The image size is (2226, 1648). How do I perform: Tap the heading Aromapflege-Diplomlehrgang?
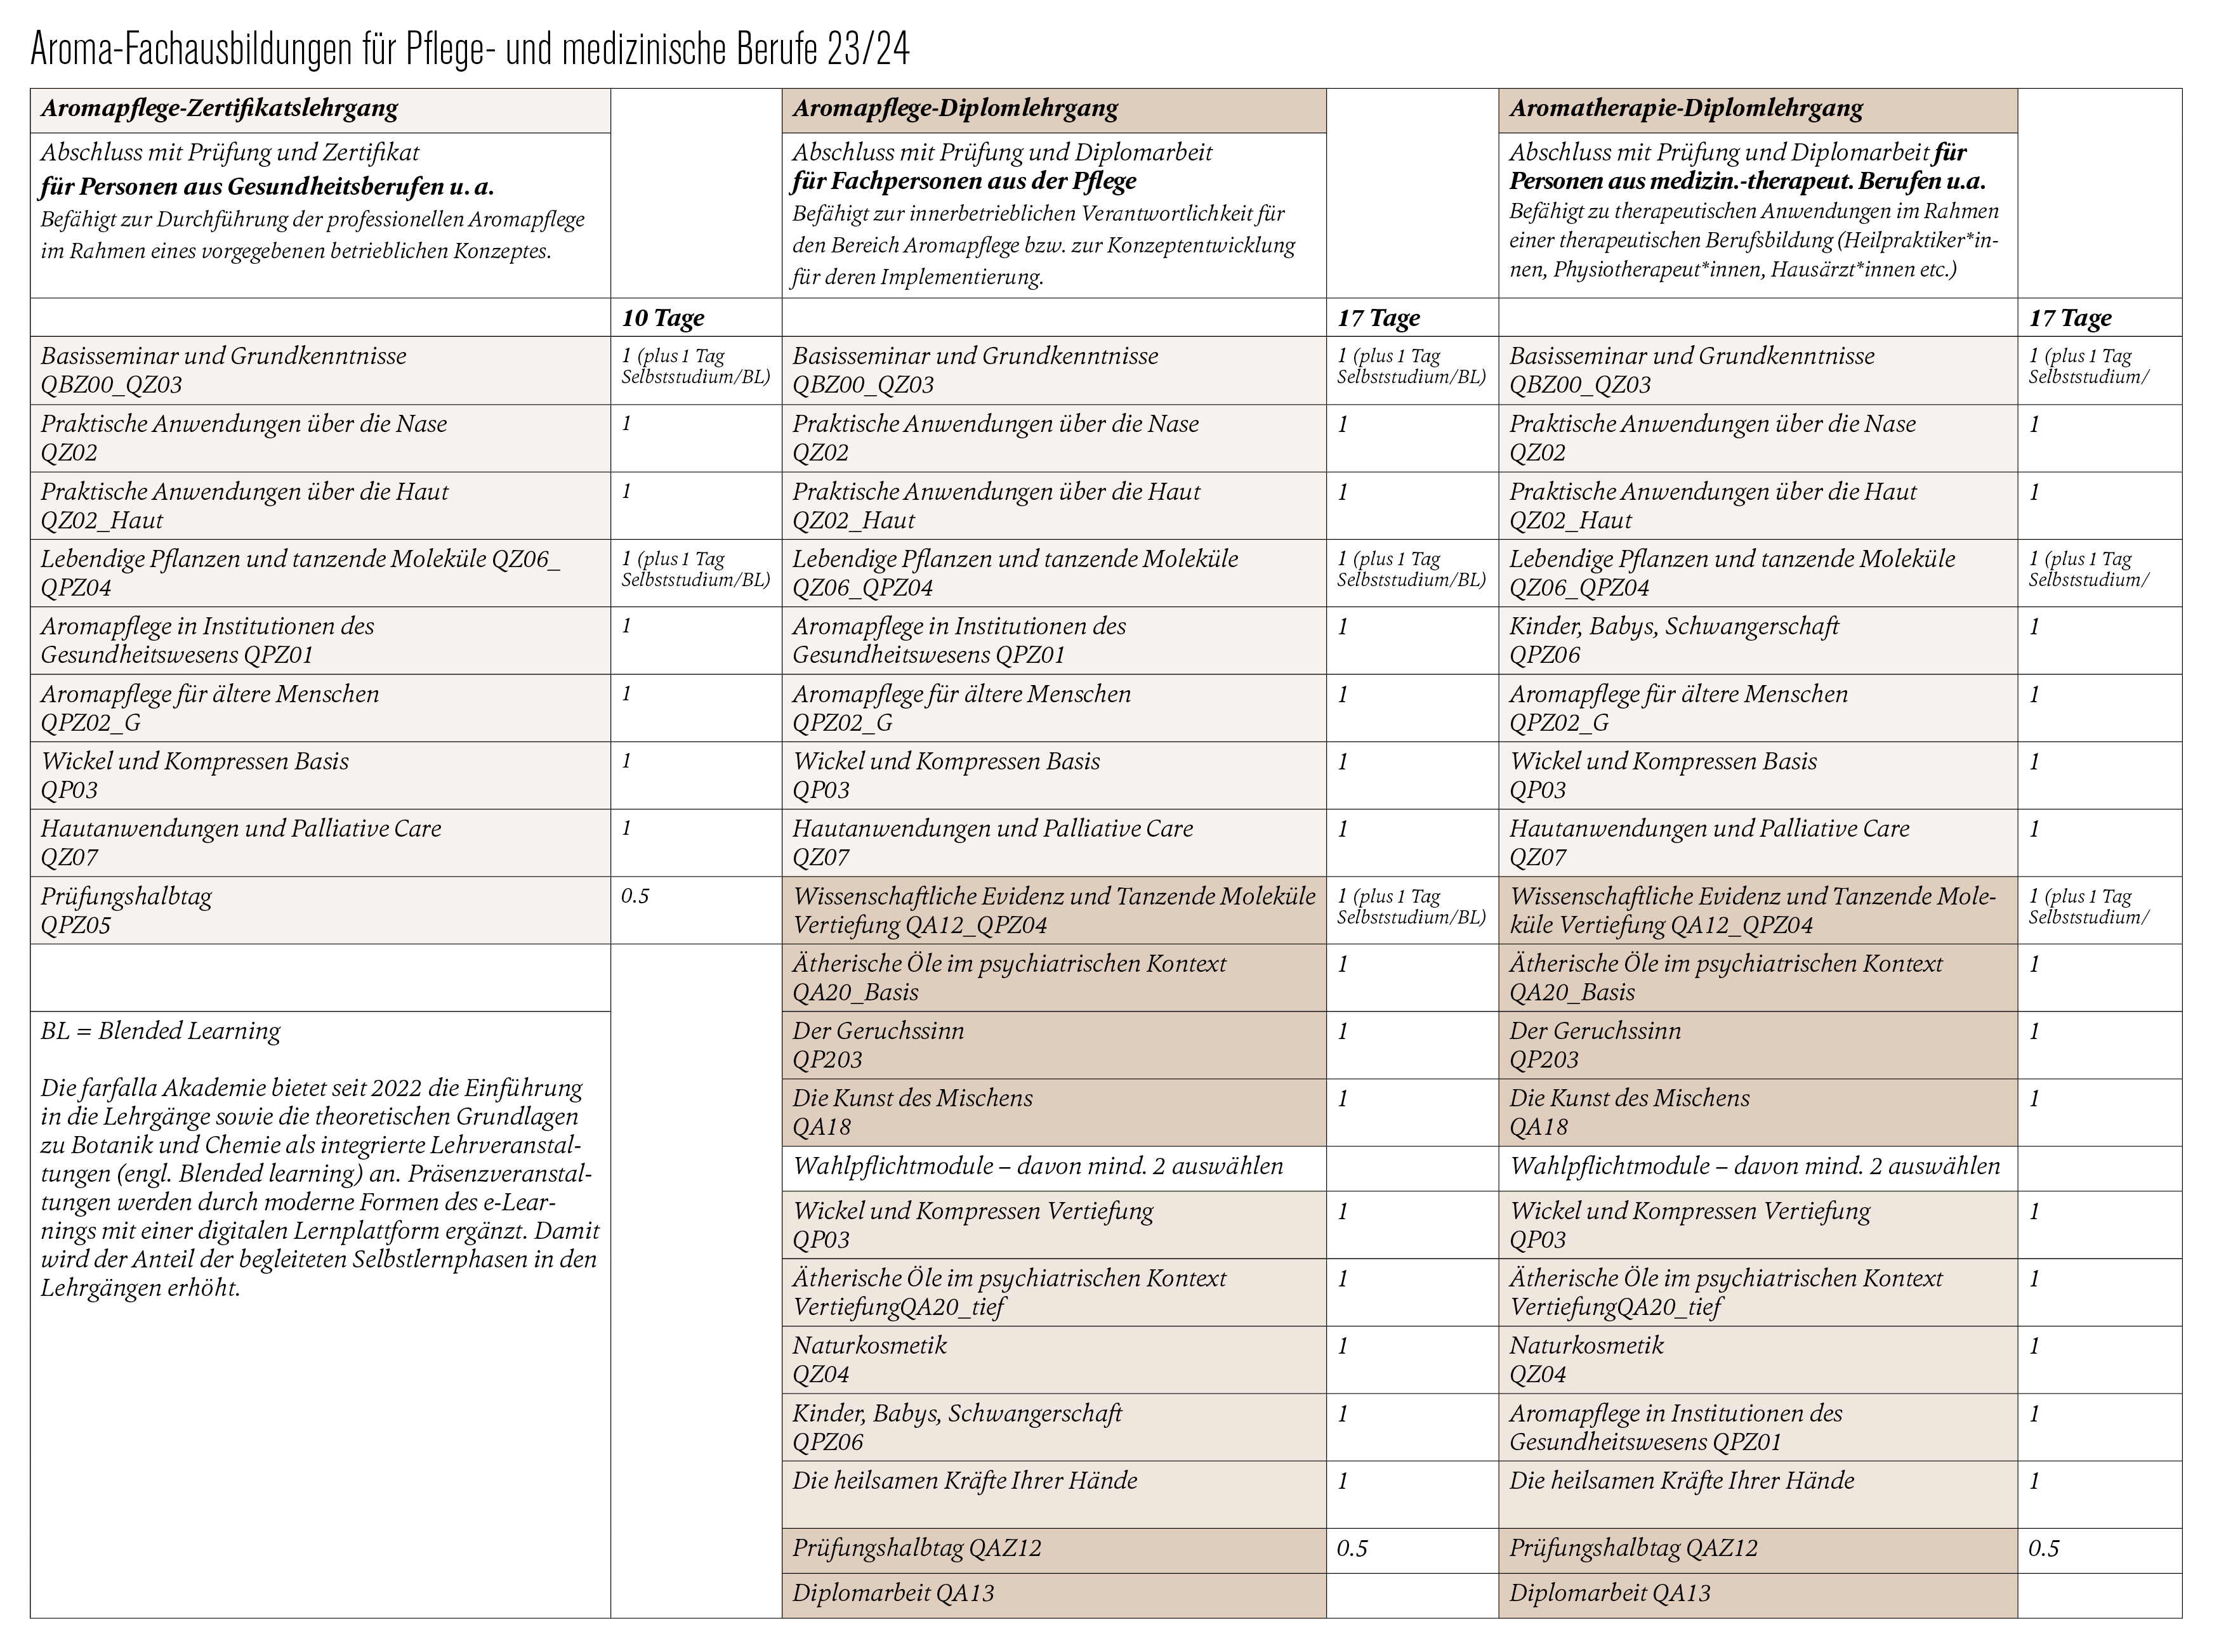click(x=955, y=108)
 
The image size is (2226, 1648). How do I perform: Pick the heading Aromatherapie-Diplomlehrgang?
click(x=1685, y=108)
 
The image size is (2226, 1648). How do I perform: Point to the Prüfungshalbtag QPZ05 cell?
click(x=127, y=910)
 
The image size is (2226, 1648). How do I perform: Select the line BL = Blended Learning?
click(x=161, y=1031)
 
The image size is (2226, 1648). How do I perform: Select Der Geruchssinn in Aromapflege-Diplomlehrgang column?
click(x=878, y=1031)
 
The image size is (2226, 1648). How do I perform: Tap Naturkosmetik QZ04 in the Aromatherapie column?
click(x=1586, y=1359)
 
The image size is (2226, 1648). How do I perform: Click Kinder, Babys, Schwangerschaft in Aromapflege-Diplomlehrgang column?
click(x=957, y=1413)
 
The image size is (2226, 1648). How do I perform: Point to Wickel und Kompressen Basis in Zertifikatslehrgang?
click(x=195, y=762)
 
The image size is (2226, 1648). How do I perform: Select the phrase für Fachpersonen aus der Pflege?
click(x=964, y=181)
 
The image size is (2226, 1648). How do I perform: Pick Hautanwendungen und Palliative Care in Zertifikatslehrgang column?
click(x=240, y=829)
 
